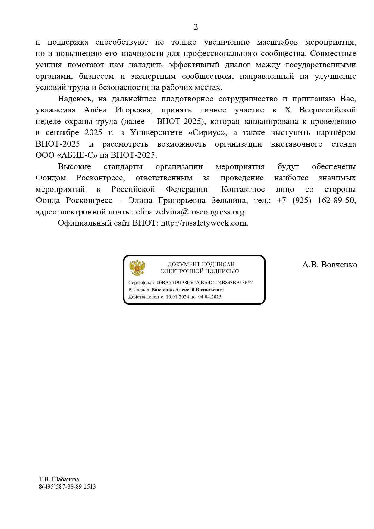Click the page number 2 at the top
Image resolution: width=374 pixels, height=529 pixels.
tap(196, 27)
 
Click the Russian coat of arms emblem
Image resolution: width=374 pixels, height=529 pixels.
tap(137, 268)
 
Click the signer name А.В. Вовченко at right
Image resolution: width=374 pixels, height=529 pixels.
tap(329, 265)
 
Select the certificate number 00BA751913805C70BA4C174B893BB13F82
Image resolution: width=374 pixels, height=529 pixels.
tap(205, 283)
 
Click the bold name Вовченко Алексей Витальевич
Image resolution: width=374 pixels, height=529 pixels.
tap(187, 290)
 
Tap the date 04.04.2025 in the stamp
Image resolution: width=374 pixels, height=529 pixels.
tap(210, 297)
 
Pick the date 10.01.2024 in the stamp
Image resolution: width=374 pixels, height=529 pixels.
tap(178, 297)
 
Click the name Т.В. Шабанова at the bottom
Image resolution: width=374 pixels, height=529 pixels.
tap(59, 480)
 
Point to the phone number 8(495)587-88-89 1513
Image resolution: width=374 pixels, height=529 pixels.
tap(67, 486)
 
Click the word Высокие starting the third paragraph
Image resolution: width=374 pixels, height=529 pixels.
tap(74, 167)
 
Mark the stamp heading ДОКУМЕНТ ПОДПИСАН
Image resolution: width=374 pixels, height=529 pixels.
tap(201, 264)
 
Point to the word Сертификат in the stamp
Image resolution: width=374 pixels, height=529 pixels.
tap(141, 283)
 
